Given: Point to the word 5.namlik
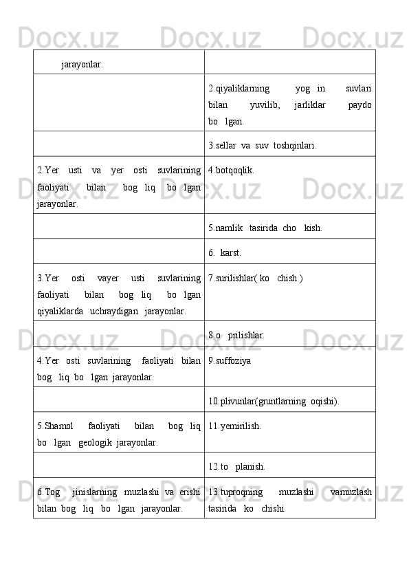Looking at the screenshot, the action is click(225, 227).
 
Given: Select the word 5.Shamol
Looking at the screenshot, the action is click(56, 426).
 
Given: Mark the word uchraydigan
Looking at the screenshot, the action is click(114, 311).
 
